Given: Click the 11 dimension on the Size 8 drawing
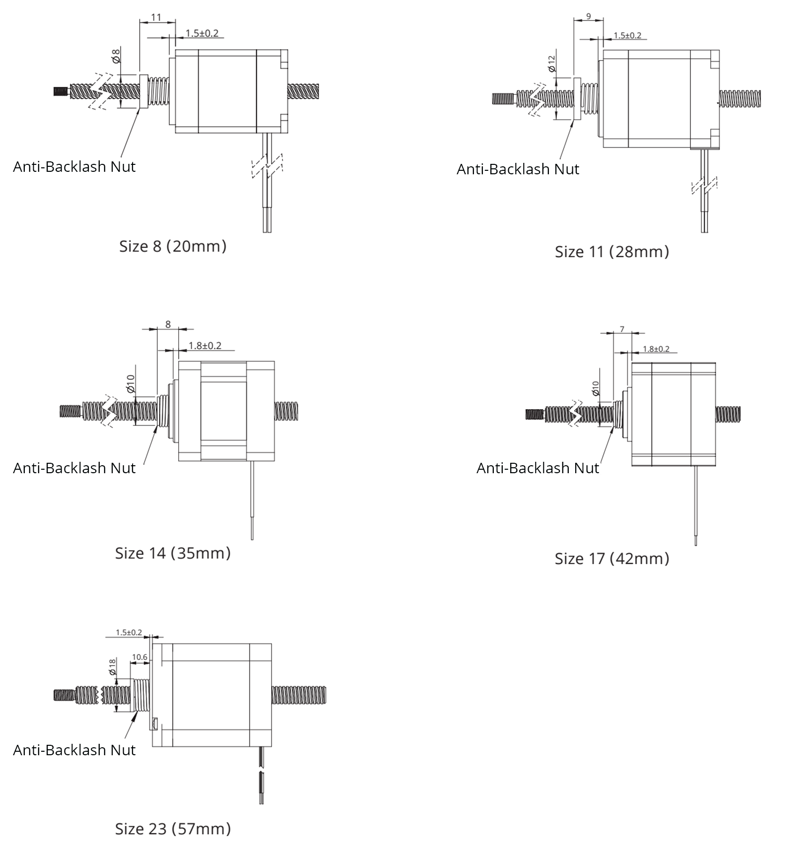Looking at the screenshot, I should pyautogui.click(x=156, y=17).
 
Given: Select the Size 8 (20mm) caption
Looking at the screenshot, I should pyautogui.click(x=173, y=246).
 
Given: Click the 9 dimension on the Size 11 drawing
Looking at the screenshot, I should pyautogui.click(x=589, y=16).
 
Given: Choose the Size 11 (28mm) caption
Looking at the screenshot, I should pyautogui.click(x=612, y=252).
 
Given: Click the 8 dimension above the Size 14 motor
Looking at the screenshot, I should pyautogui.click(x=168, y=324).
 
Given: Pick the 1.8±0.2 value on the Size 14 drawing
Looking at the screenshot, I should pyautogui.click(x=204, y=346).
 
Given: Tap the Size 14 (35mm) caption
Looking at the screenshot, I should pyautogui.click(x=173, y=553).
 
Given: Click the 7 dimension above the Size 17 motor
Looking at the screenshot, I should pyautogui.click(x=622, y=329).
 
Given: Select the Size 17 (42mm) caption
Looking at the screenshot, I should pyautogui.click(x=612, y=559).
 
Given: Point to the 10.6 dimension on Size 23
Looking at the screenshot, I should pyautogui.click(x=139, y=657).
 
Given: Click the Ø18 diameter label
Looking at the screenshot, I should pyautogui.click(x=112, y=666).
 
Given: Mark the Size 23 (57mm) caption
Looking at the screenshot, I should pyautogui.click(x=173, y=829).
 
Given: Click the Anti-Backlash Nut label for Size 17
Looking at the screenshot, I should pyautogui.click(x=538, y=468).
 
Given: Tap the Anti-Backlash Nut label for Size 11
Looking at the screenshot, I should pyautogui.click(x=518, y=169).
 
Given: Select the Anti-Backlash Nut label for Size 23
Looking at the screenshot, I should pyautogui.click(x=74, y=750).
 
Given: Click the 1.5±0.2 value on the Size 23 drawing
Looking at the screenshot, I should pyautogui.click(x=129, y=633).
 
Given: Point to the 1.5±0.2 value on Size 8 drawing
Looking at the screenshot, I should pyautogui.click(x=202, y=33).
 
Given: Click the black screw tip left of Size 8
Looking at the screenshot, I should pyautogui.click(x=60, y=91).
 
